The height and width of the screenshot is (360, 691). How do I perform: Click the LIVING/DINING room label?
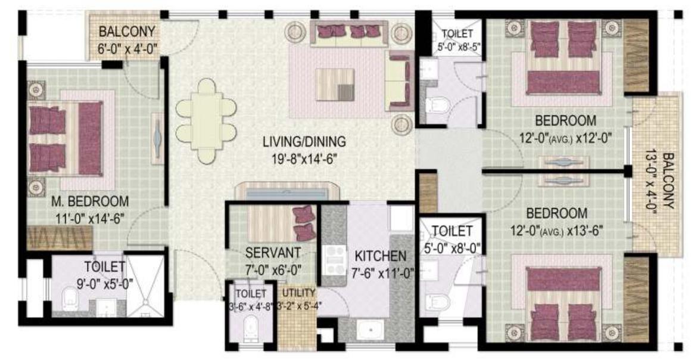point(304,142)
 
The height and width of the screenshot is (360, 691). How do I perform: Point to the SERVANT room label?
point(273,252)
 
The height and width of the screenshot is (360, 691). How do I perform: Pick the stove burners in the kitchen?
point(334,257)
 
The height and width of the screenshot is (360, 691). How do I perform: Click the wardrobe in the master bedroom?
point(58,238)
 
